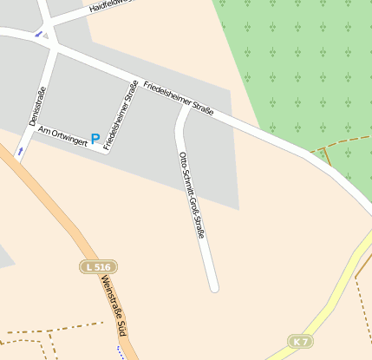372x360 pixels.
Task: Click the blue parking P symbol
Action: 95,138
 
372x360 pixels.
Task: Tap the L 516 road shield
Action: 98,266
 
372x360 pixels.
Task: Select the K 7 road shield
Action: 300,342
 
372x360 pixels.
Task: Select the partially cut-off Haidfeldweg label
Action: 113,6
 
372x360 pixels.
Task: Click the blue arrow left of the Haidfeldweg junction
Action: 37,35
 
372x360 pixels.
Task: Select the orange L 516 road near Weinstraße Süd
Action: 65,217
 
